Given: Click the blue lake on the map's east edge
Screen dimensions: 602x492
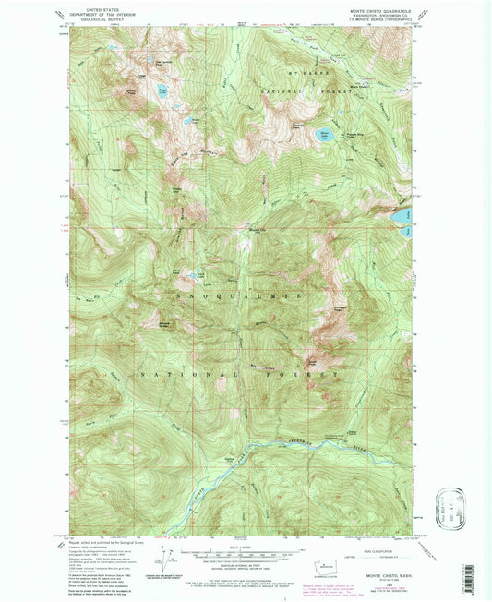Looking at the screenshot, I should pyautogui.click(x=404, y=216).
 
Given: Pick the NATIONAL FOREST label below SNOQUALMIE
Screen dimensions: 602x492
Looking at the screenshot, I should pyautogui.click(x=237, y=374).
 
